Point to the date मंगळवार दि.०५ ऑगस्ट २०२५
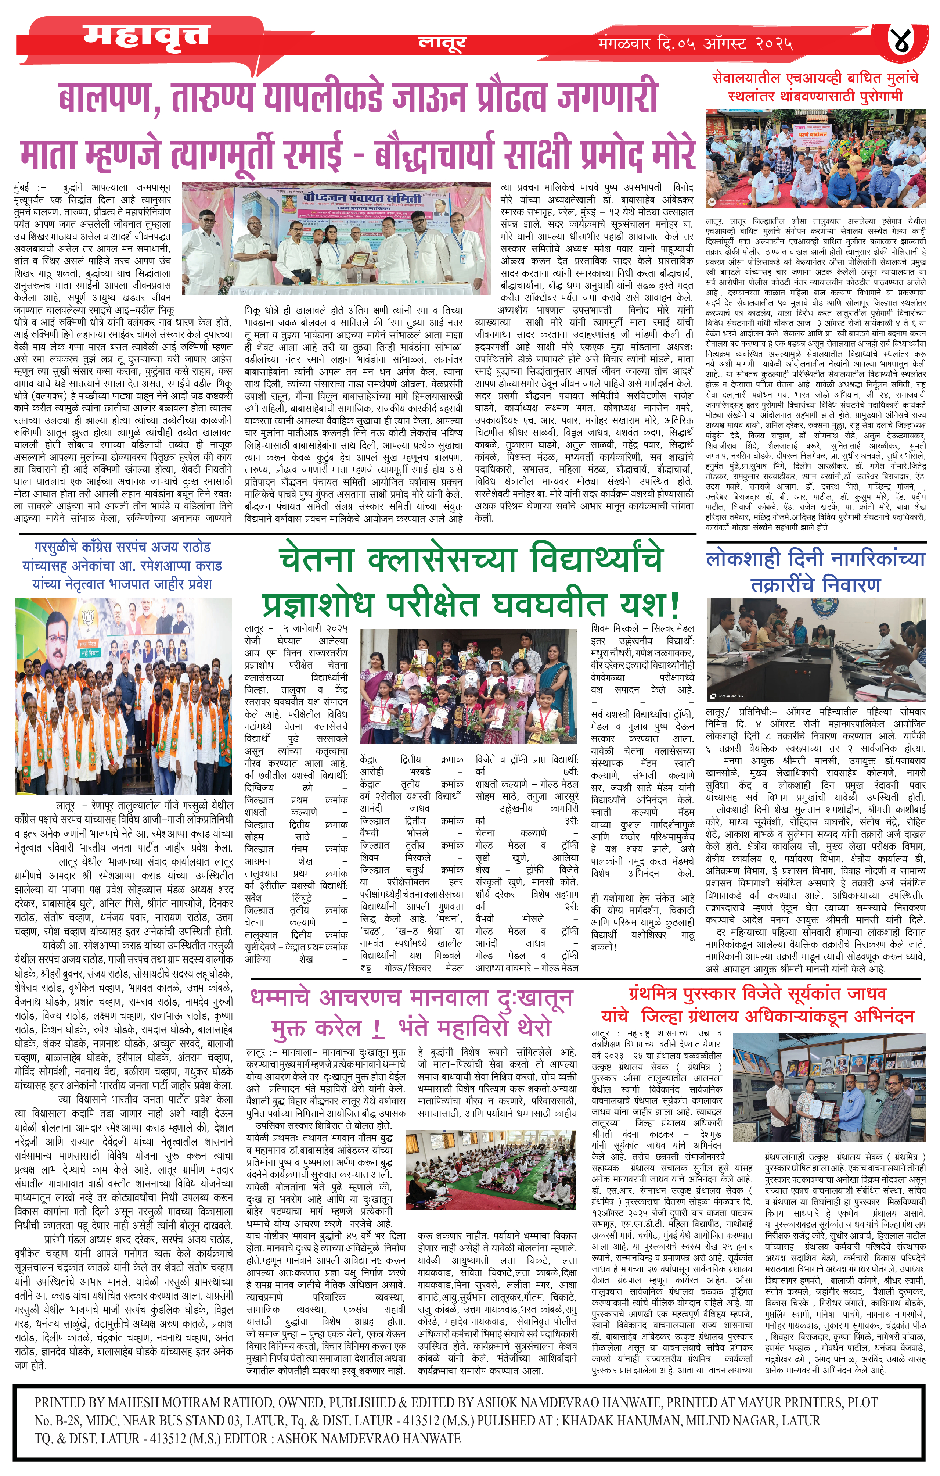pyautogui.click(x=695, y=44)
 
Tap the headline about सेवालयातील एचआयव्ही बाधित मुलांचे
pyautogui.click(x=815, y=87)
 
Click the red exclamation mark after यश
pyautogui.click(x=674, y=604)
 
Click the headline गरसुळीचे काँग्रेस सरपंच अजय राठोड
pyautogui.click(x=123, y=547)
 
